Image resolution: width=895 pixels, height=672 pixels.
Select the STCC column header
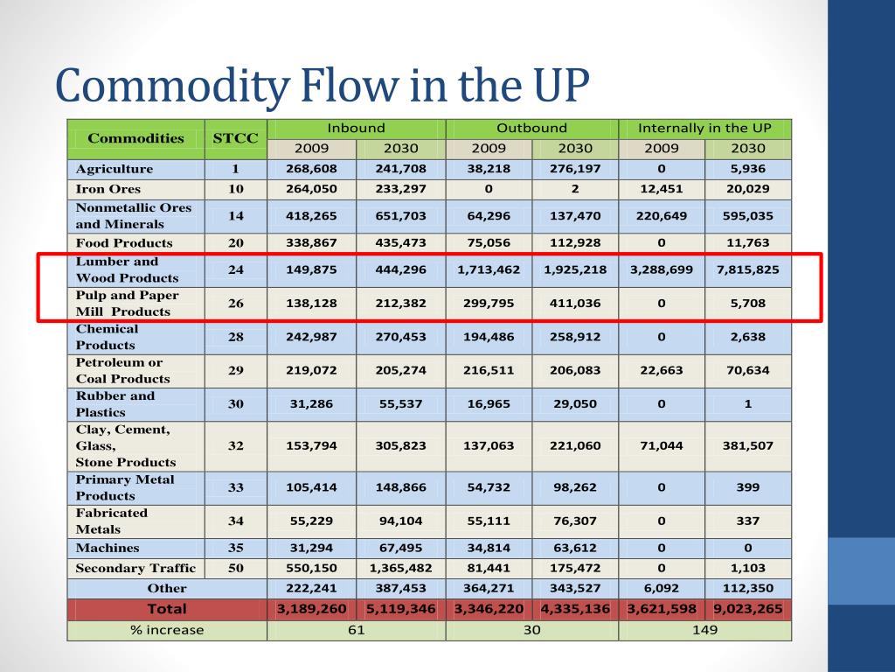coord(236,138)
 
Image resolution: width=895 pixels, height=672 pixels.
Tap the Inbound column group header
coord(356,128)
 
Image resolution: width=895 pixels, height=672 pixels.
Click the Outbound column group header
coord(531,128)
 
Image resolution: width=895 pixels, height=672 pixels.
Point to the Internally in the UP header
coord(704,128)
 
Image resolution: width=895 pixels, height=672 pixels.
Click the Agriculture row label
coord(114,169)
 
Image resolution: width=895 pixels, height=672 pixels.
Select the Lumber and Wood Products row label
coord(128,269)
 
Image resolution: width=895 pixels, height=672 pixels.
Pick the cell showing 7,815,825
coord(747,269)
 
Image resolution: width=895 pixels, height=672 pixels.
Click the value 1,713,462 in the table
coord(489,269)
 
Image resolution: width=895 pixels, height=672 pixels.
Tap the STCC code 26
coord(236,303)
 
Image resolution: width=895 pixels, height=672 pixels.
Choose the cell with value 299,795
coord(489,303)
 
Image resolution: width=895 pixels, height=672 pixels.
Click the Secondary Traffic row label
coord(135,568)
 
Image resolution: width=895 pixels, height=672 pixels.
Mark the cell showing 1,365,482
coord(399,568)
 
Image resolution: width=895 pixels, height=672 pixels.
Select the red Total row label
coord(166,609)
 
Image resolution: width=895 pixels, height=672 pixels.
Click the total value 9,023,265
coord(747,609)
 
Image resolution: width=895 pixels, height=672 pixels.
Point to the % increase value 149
coord(704,630)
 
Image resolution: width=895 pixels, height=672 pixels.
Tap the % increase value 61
coord(356,630)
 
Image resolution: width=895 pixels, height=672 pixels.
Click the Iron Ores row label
coord(108,189)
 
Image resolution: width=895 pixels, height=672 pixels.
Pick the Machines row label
coord(108,548)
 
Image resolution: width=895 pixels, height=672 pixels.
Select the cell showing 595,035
coord(747,215)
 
